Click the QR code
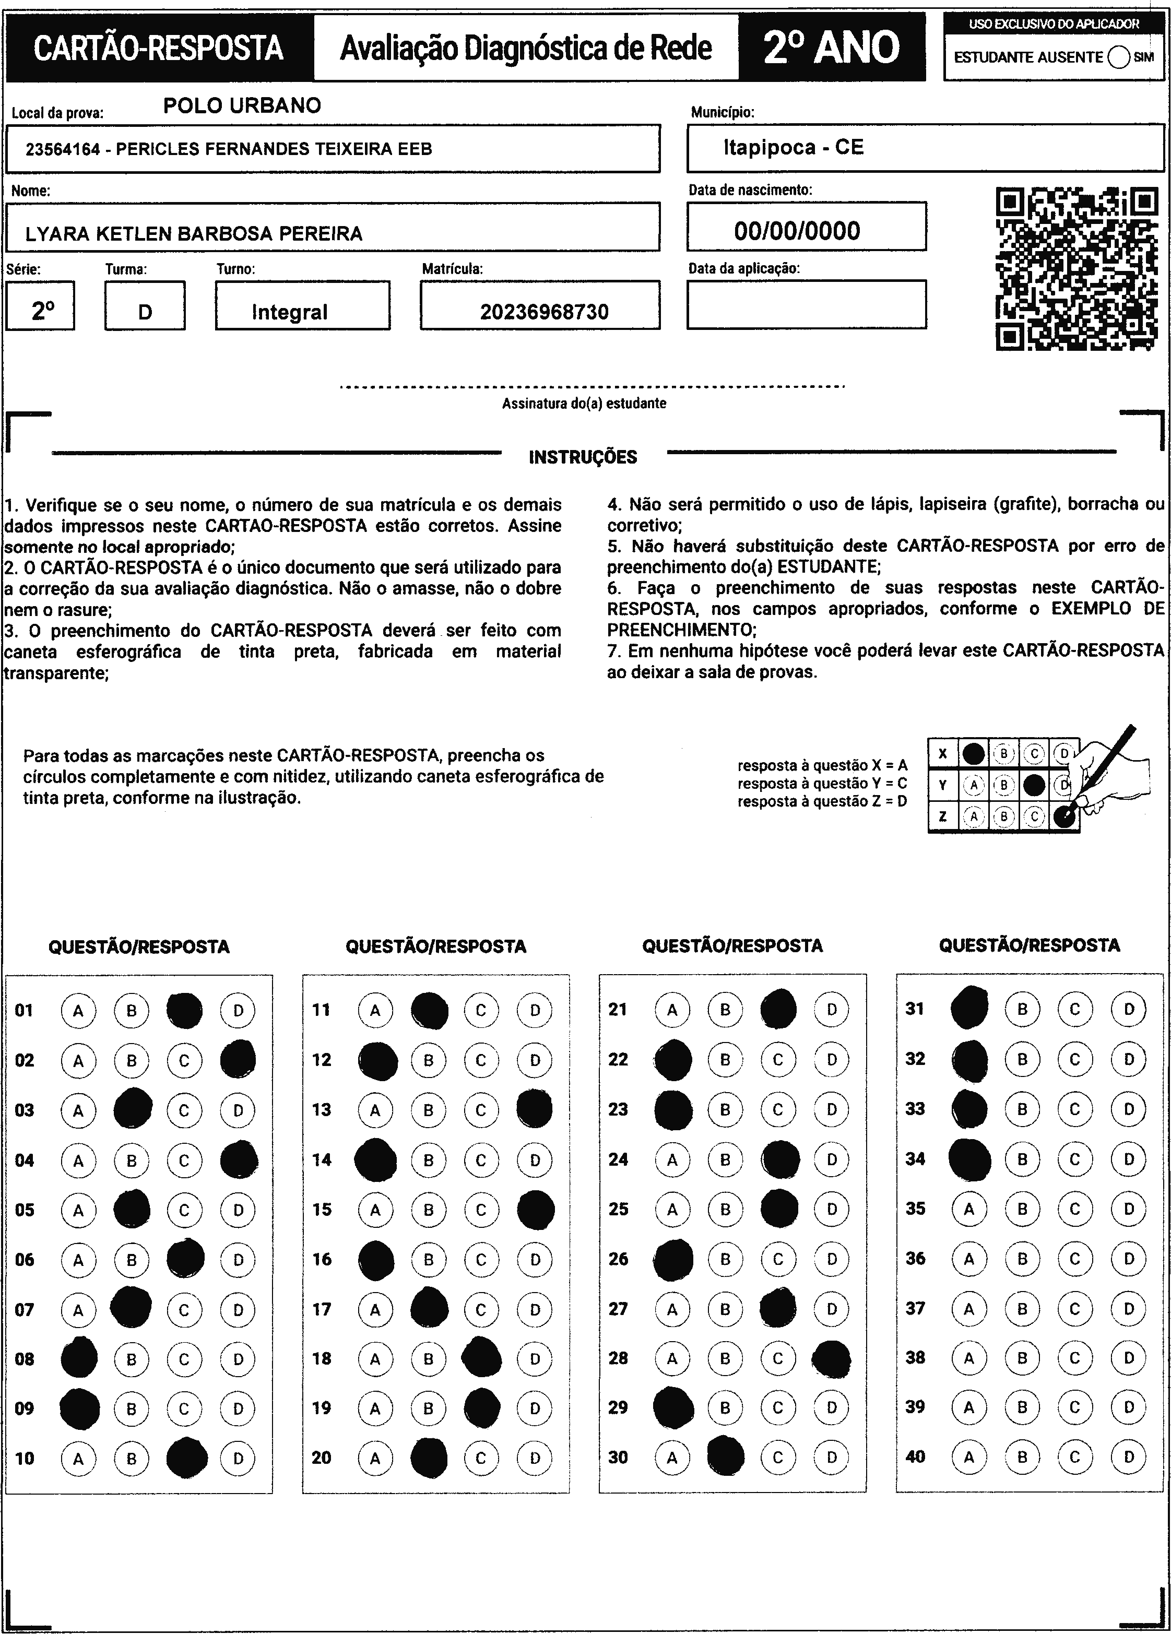1077,269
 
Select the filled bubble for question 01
184,1010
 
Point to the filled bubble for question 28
831,1358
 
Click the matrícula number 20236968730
544,312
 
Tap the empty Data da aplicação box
807,305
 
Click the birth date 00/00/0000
797,231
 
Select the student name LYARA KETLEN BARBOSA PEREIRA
194,233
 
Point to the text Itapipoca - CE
794,148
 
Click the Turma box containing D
145,305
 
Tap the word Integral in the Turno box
290,312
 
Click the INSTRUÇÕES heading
583,457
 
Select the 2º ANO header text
832,48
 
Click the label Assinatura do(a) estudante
584,404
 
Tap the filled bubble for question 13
535,1109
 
